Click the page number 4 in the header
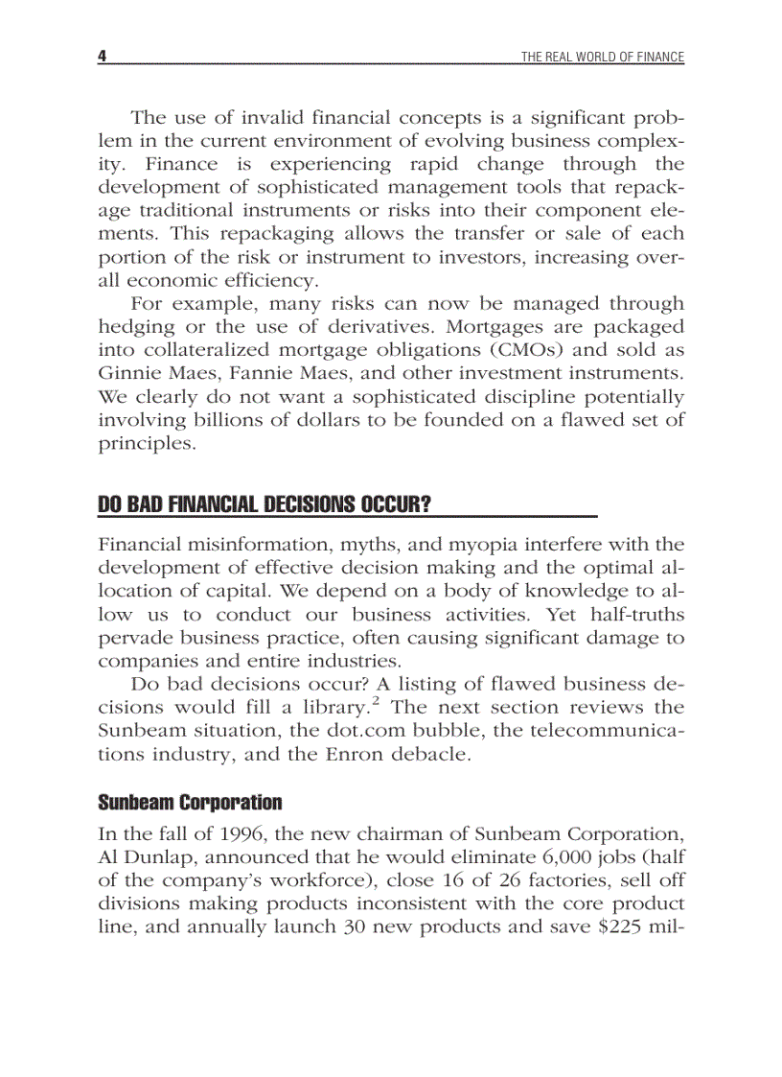[x=102, y=57]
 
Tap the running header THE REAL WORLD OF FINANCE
[x=602, y=58]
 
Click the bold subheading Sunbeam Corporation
[x=190, y=802]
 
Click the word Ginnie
[x=128, y=373]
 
